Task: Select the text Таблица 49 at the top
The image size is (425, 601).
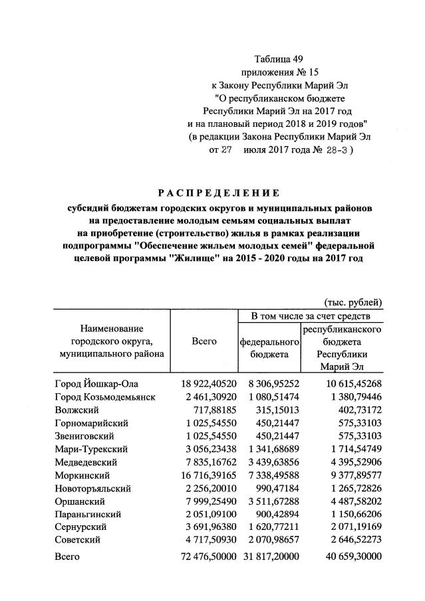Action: coord(279,60)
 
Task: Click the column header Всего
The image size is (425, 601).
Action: coord(204,341)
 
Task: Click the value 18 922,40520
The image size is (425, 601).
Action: coord(208,384)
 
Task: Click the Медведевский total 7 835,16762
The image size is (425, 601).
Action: coord(208,462)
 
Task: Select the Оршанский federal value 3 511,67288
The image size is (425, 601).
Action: coord(269,501)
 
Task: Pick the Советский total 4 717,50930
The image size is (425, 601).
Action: coord(208,539)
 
